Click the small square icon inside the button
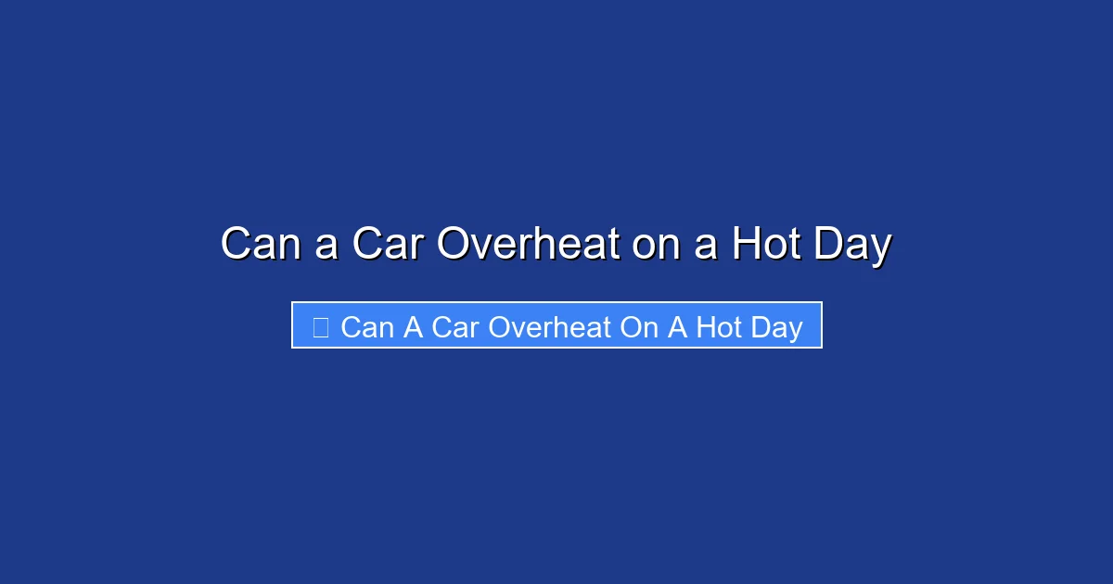[x=321, y=326]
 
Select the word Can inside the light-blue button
[x=367, y=327]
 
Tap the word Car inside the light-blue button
[x=455, y=327]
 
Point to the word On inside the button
[x=638, y=327]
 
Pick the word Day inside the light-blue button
[x=777, y=327]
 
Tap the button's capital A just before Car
[x=413, y=327]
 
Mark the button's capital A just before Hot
[x=677, y=327]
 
